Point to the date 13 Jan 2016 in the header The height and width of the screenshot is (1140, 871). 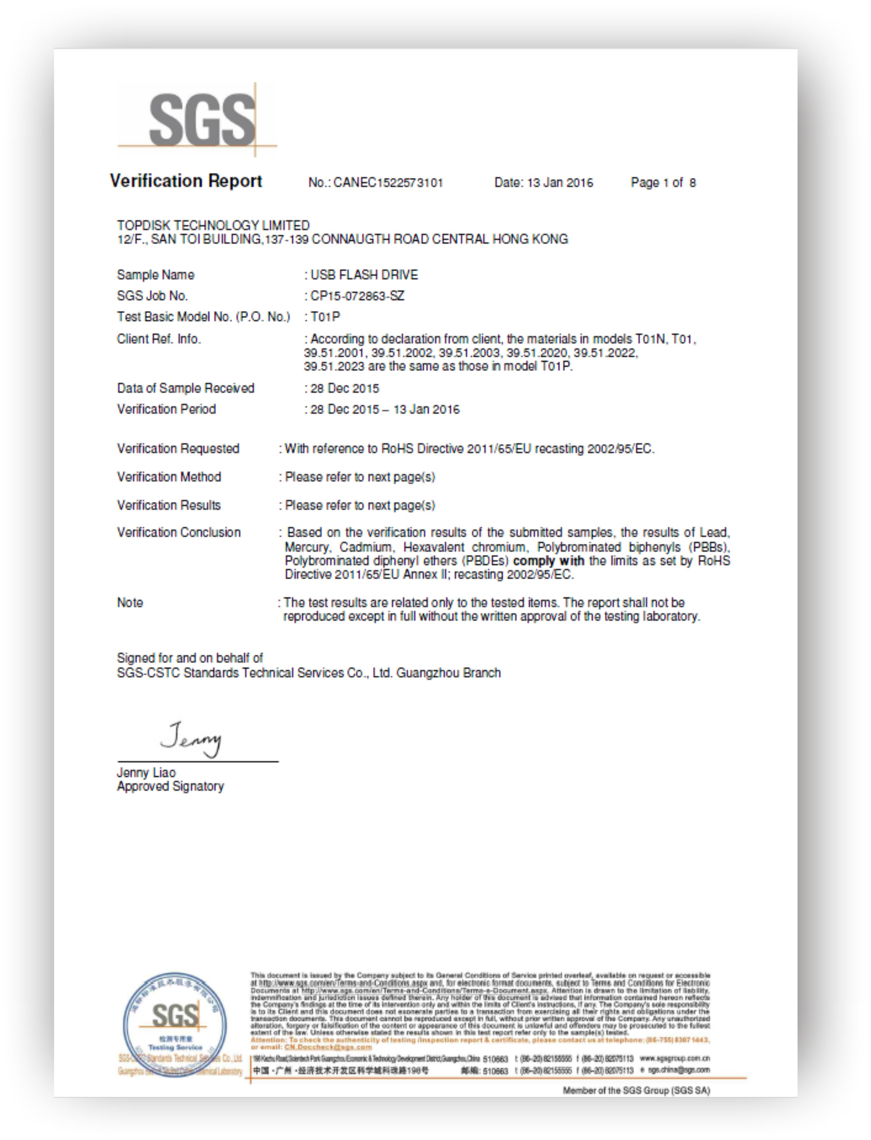[560, 183]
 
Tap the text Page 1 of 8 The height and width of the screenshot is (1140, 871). [663, 183]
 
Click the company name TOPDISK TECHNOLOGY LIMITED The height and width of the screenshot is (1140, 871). [213, 225]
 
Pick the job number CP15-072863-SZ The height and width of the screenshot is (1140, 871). [357, 296]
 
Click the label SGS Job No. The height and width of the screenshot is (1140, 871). [152, 296]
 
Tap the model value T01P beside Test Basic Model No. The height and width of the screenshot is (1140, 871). [325, 317]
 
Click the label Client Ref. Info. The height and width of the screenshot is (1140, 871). [159, 339]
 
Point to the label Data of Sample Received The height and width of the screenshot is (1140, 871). [185, 388]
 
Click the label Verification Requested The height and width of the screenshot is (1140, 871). [178, 449]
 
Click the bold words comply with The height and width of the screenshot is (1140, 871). [549, 561]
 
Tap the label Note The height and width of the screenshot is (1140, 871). [130, 603]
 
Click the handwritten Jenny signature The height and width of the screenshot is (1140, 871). [191, 739]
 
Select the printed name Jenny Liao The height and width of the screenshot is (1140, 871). [146, 773]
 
